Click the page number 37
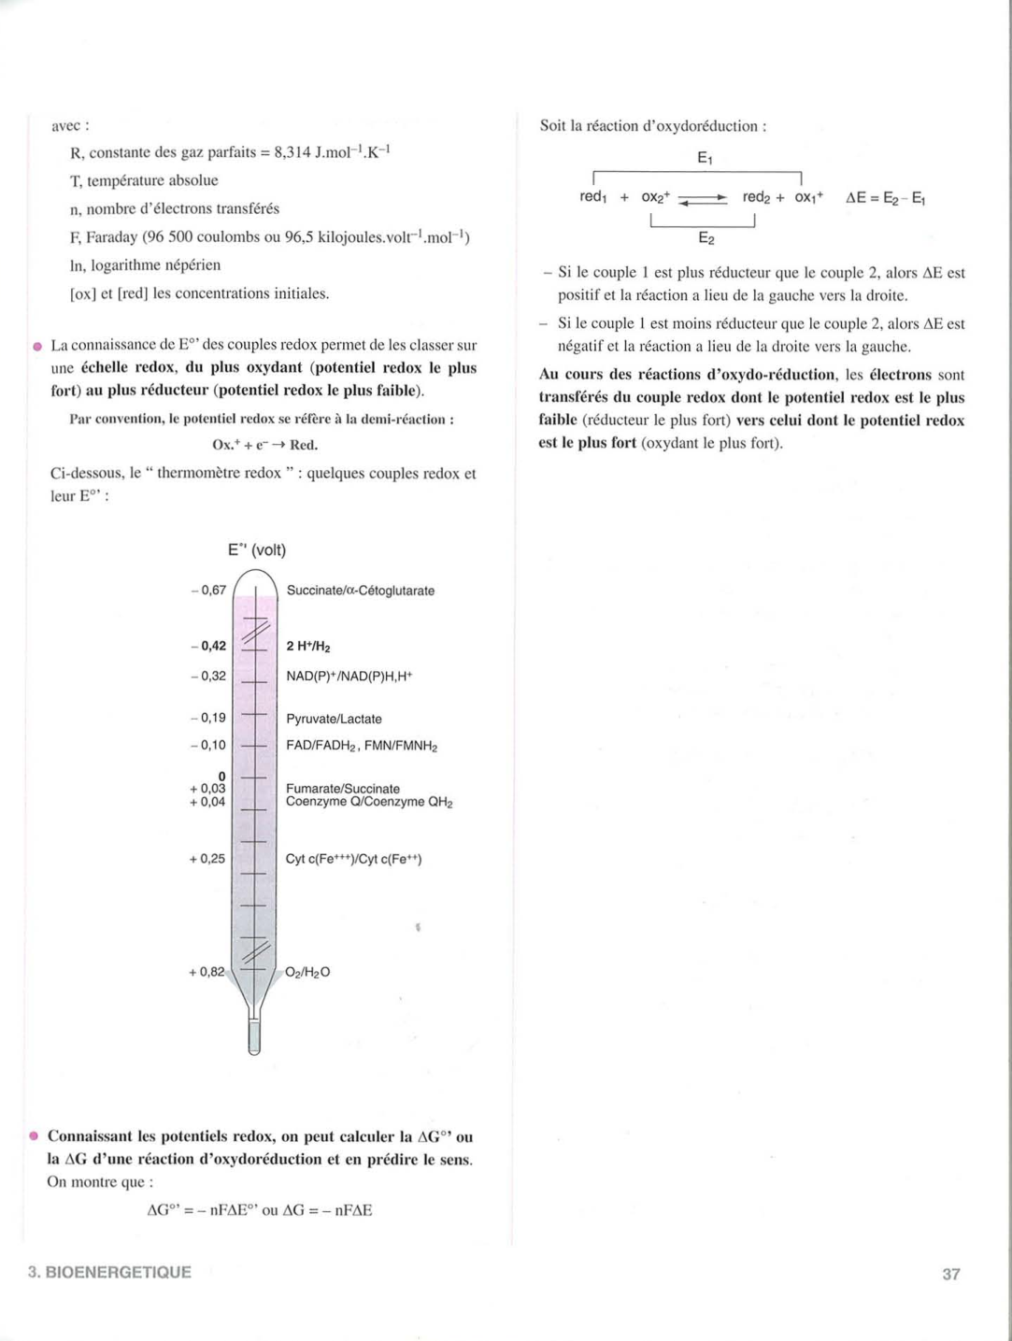click(x=950, y=1274)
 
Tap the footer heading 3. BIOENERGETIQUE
click(x=109, y=1272)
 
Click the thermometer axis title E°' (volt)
click(x=257, y=549)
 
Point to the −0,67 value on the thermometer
click(x=208, y=590)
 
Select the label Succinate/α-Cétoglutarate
click(x=360, y=591)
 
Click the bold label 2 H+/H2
click(x=308, y=647)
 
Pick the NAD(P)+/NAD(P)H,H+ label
click(x=349, y=676)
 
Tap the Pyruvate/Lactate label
click(x=334, y=719)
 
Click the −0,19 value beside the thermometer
click(x=208, y=718)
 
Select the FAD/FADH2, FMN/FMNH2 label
click(x=362, y=746)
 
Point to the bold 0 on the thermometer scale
click(x=221, y=776)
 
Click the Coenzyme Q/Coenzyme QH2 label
click(x=369, y=803)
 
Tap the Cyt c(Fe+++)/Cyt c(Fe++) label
click(x=353, y=859)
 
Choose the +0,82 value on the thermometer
click(x=207, y=972)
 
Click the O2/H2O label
click(x=307, y=972)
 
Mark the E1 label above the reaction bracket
click(x=705, y=159)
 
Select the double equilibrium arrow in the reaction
click(x=703, y=198)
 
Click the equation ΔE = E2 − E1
click(x=885, y=198)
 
